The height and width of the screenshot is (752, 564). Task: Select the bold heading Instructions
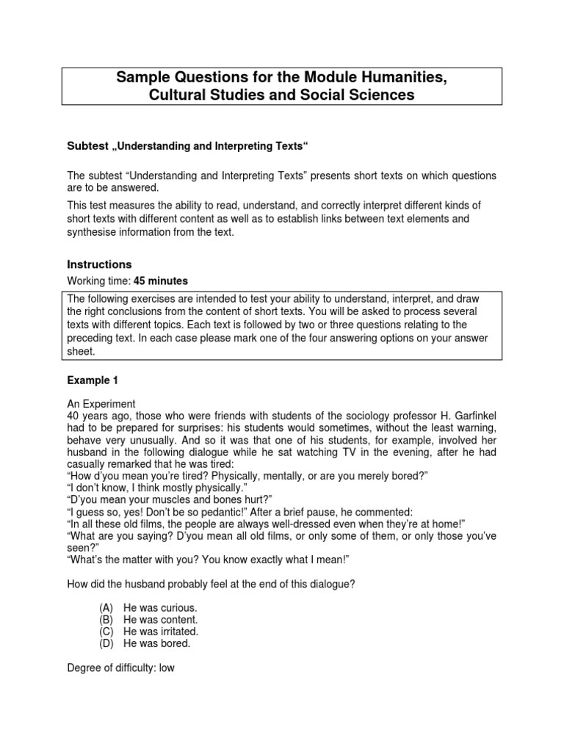click(99, 264)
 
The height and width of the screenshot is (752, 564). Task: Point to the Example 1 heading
click(92, 380)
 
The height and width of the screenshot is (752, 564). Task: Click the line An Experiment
click(101, 403)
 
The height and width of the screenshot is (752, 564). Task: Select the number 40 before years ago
click(73, 415)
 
